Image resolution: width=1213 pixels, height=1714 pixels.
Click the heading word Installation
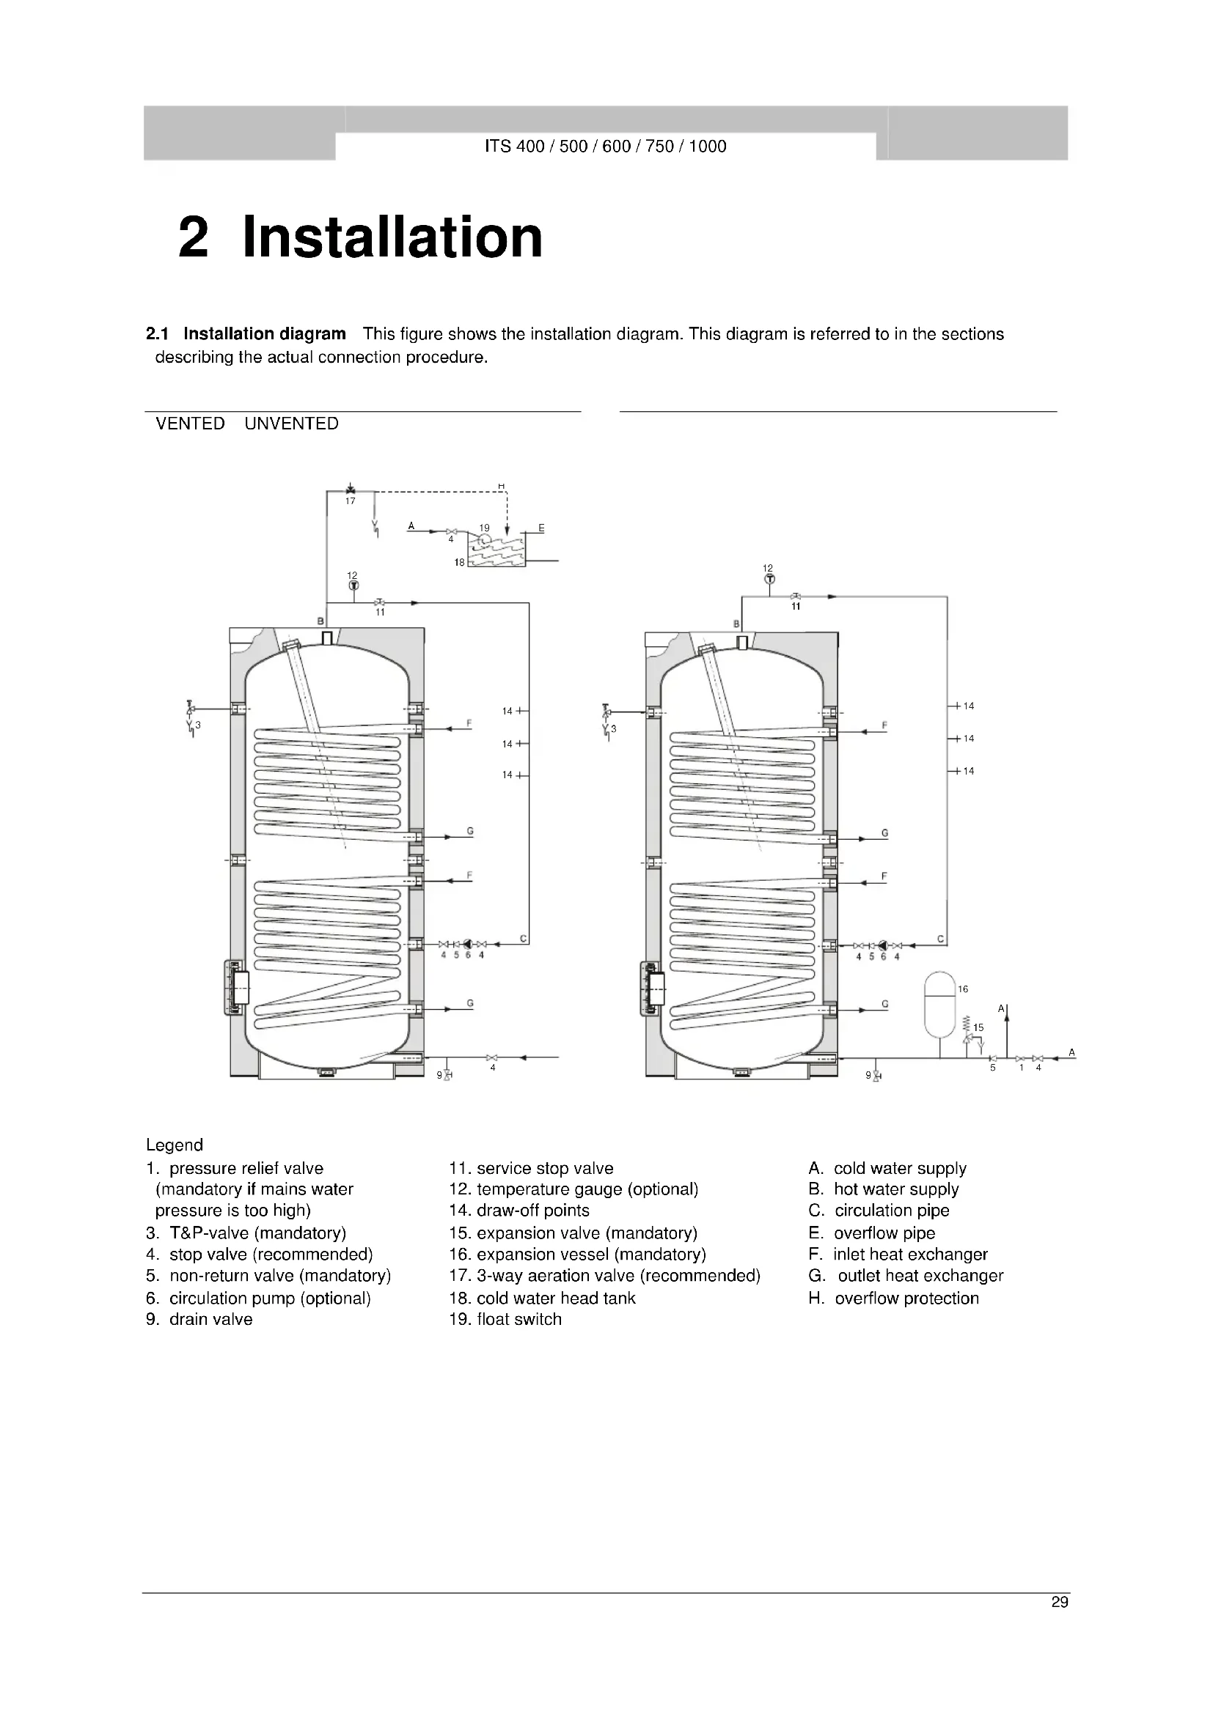pyautogui.click(x=392, y=237)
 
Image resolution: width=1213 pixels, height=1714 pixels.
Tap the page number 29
pyautogui.click(x=1059, y=1602)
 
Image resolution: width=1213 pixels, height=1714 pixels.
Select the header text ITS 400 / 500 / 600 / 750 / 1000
pyautogui.click(x=605, y=147)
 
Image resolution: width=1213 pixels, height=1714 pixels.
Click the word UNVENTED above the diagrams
pyautogui.click(x=291, y=424)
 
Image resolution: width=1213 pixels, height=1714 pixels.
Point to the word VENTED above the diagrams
pyautogui.click(x=190, y=424)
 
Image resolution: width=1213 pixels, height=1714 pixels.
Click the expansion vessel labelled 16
pyautogui.click(x=940, y=1004)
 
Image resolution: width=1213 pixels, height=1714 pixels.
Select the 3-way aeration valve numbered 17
pyautogui.click(x=351, y=490)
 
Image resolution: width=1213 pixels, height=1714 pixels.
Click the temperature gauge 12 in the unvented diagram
pyautogui.click(x=769, y=579)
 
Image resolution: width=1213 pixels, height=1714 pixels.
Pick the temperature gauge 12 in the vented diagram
pyautogui.click(x=353, y=586)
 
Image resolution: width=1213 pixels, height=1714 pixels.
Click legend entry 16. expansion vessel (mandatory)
pyautogui.click(x=576, y=1254)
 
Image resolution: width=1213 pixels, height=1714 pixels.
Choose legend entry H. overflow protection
pyautogui.click(x=893, y=1299)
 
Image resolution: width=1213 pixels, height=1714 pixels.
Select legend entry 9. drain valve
pyautogui.click(x=199, y=1319)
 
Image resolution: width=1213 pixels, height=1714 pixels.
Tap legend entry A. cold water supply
pyautogui.click(x=887, y=1168)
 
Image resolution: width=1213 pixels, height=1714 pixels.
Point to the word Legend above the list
pyautogui.click(x=174, y=1145)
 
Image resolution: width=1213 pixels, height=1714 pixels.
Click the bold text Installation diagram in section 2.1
pyautogui.click(x=265, y=333)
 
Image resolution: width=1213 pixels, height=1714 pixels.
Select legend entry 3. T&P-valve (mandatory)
pyautogui.click(x=246, y=1233)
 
